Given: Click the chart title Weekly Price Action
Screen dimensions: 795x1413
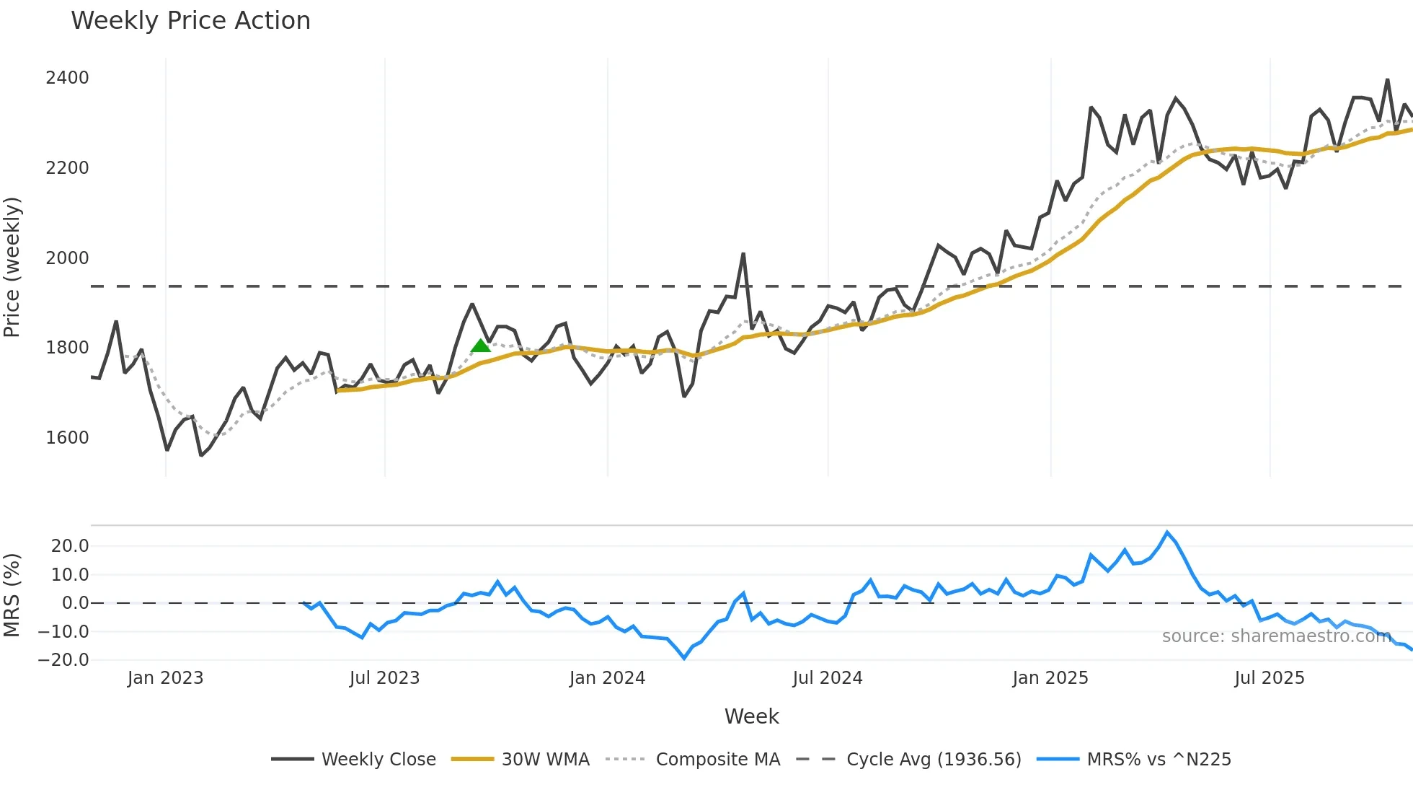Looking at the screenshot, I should click(190, 21).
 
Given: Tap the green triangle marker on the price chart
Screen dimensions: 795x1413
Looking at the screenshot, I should click(480, 346).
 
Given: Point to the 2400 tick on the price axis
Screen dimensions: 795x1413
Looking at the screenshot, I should click(67, 78).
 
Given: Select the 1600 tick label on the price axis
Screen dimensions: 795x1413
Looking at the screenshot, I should click(67, 438).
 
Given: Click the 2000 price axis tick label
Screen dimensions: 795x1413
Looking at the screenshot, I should click(67, 258).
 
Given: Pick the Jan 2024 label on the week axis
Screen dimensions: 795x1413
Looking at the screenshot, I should click(607, 678).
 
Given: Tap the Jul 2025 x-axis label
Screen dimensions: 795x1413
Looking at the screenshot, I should click(1269, 678).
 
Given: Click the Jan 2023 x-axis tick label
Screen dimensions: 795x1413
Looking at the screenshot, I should click(165, 678).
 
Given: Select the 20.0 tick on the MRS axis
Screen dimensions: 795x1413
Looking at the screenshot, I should click(70, 546).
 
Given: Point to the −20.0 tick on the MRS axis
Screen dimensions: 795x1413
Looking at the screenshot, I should click(63, 660).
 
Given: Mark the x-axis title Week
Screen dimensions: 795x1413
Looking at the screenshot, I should click(751, 716).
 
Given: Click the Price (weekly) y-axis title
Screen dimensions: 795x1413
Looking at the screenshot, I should click(12, 267).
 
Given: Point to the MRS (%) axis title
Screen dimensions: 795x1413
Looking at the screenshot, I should click(12, 595).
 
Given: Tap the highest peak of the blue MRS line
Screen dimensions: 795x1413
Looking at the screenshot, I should click(1167, 532).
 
